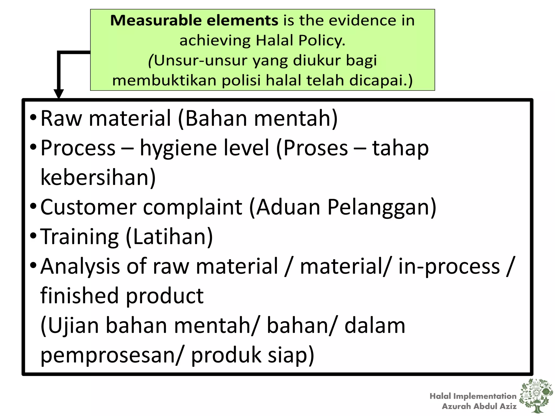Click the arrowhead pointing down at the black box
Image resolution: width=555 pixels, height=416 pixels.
(x=59, y=93)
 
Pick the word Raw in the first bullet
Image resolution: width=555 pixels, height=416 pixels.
(x=61, y=118)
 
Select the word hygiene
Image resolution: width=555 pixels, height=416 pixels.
(x=178, y=148)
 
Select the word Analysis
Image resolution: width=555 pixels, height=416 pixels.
(x=80, y=266)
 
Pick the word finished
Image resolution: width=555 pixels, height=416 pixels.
(x=79, y=296)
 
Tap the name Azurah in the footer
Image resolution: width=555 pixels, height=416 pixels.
(x=456, y=406)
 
